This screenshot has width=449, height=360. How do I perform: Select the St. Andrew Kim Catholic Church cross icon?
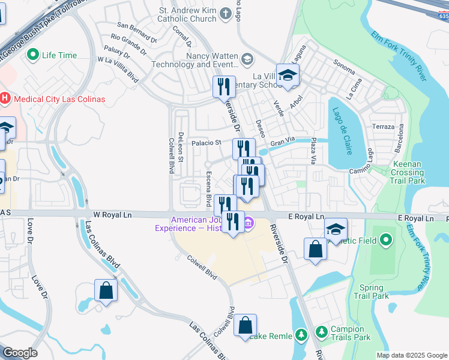[x=225, y=13]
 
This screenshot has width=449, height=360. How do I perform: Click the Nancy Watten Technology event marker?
[x=247, y=59]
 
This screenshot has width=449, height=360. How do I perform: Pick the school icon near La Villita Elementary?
[x=288, y=76]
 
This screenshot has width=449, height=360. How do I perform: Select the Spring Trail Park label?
[x=372, y=292]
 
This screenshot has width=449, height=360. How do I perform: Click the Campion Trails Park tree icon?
[x=322, y=331]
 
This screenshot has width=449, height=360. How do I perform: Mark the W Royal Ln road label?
[x=113, y=214]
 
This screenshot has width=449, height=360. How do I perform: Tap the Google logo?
[x=20, y=353]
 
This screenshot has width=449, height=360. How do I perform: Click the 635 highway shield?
[x=442, y=17]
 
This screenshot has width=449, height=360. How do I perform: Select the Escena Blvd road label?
[x=209, y=188]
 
